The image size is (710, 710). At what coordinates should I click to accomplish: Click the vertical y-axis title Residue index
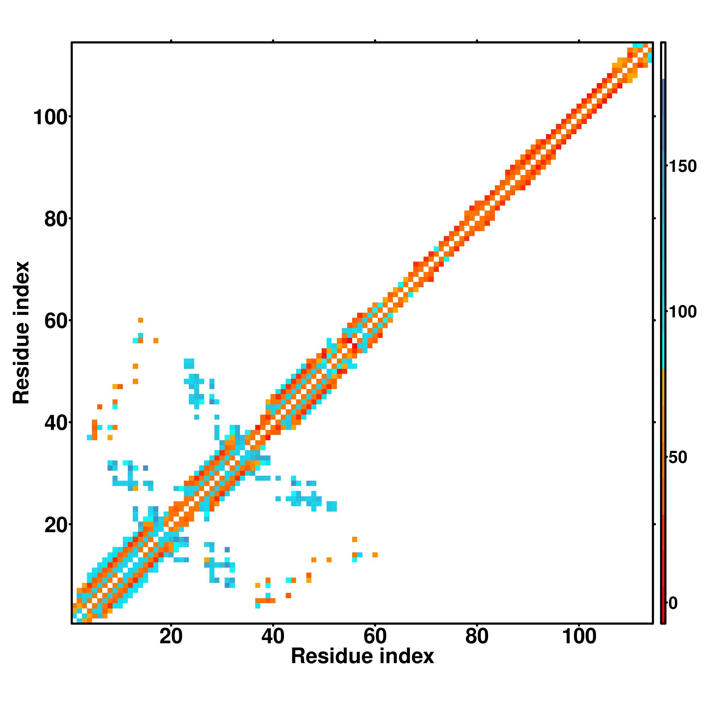[21, 333]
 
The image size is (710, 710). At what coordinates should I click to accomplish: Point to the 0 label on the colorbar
[673, 603]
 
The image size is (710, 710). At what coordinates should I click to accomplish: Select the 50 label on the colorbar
[678, 458]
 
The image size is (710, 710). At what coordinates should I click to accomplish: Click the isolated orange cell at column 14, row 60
[140, 320]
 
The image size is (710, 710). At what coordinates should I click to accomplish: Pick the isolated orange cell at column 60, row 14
[375, 555]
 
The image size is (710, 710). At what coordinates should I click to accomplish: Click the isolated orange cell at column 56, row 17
[354, 540]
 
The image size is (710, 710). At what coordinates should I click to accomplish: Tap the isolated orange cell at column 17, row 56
[156, 340]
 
